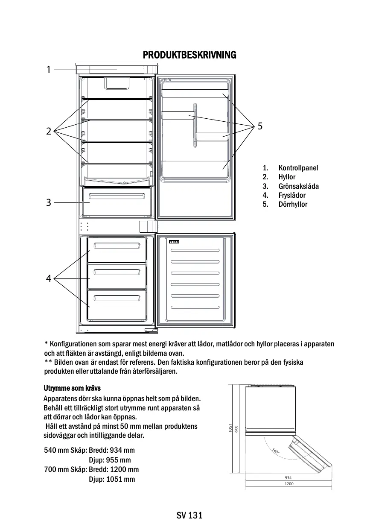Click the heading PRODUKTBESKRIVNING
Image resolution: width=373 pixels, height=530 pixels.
click(x=189, y=55)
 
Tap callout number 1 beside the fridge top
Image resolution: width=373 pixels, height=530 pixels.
click(x=49, y=70)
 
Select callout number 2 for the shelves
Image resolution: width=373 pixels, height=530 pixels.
click(x=49, y=131)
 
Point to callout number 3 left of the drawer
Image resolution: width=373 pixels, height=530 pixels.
click(x=49, y=202)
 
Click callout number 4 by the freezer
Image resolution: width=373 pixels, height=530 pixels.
click(x=49, y=279)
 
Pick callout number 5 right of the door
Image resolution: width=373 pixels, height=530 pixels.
click(x=260, y=126)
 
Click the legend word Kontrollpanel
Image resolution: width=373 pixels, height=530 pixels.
click(x=298, y=168)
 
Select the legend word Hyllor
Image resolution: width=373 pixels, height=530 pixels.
click(x=287, y=177)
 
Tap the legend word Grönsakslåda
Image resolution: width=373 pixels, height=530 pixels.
click(x=298, y=186)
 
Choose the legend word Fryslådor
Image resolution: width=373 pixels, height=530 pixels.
click(x=292, y=195)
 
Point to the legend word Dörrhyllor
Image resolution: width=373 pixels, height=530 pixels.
click(x=293, y=204)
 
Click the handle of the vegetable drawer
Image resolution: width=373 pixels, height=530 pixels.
click(x=117, y=196)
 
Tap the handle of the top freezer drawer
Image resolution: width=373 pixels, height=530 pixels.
click(x=117, y=245)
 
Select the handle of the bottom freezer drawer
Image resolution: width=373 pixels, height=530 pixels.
click(x=117, y=298)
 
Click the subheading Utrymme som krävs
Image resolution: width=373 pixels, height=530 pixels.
click(x=72, y=388)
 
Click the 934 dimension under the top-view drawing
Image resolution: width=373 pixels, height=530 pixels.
click(x=288, y=477)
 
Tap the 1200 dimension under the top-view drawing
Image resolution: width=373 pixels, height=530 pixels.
click(x=288, y=484)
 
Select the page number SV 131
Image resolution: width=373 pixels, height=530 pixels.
click(x=189, y=515)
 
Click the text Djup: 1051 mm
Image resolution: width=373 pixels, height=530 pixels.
click(x=112, y=479)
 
